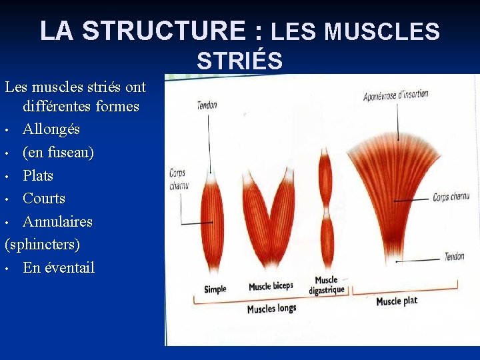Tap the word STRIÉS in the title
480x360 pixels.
[x=239, y=61]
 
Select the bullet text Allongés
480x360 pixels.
[x=51, y=129]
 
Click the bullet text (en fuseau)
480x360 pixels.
[x=58, y=152]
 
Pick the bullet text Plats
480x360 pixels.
[x=38, y=175]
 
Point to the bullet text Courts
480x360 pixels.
[x=44, y=198]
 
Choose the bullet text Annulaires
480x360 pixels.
[x=57, y=221]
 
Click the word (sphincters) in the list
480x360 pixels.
[x=42, y=244]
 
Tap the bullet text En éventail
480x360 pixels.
[x=59, y=267]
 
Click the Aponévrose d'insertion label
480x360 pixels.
[x=395, y=95]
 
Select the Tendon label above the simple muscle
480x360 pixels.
[x=207, y=105]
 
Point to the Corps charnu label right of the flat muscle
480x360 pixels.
[x=451, y=197]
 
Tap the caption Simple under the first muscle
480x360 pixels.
[x=215, y=289]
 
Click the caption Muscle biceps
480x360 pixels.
[x=271, y=287]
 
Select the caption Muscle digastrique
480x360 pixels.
[x=327, y=285]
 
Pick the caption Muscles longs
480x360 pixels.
[x=271, y=308]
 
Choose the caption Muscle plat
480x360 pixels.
[x=397, y=301]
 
